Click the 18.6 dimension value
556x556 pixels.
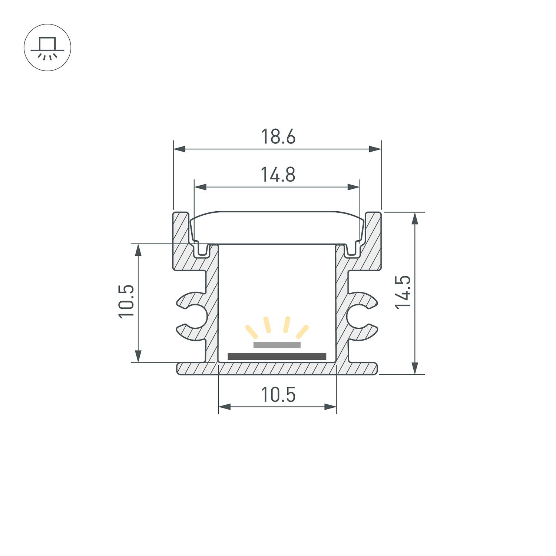(278, 137)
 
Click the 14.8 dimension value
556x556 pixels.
(278, 175)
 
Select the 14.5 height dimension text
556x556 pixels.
(403, 292)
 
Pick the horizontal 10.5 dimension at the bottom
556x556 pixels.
(278, 395)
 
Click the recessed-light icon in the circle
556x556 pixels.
(47, 48)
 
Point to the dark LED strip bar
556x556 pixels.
(277, 357)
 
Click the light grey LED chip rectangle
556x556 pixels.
(277, 345)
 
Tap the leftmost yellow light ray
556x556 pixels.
(252, 331)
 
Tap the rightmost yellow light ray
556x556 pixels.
(302, 331)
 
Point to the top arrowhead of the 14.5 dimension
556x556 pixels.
(415, 218)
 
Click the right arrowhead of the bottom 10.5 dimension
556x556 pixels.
(331, 407)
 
